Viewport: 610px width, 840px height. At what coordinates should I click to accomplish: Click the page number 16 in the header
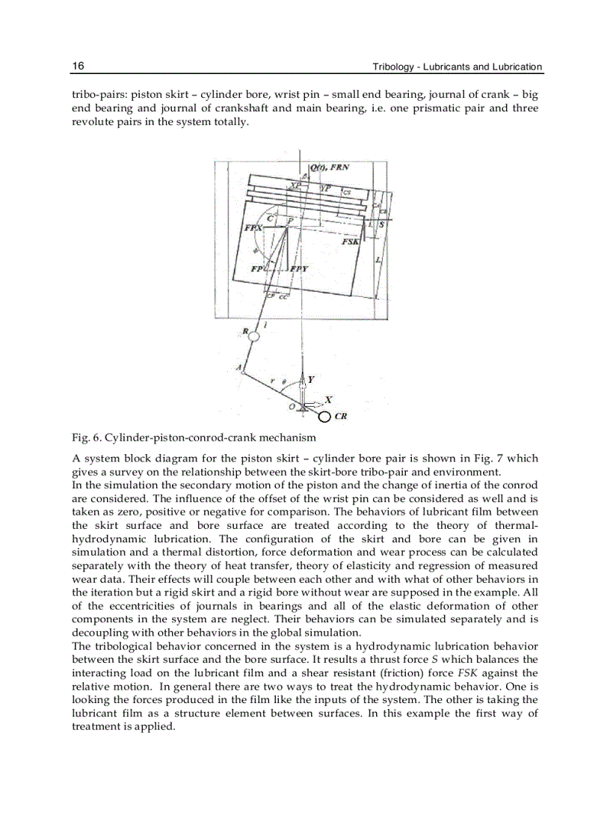pos(78,67)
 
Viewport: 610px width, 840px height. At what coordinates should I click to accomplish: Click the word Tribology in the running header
pos(395,67)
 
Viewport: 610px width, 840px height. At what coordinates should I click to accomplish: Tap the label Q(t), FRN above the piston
pos(329,168)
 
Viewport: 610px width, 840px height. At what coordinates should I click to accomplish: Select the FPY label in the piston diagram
pos(299,269)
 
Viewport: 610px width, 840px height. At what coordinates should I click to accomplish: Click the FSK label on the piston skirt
pos(350,242)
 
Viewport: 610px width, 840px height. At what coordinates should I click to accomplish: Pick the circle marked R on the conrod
pos(254,337)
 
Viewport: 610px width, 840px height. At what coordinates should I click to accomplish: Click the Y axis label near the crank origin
pos(310,379)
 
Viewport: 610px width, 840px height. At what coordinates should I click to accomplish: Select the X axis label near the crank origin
pos(328,400)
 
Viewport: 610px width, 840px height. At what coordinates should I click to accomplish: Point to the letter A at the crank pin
pos(238,367)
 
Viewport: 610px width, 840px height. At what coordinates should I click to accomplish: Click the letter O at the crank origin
pos(292,406)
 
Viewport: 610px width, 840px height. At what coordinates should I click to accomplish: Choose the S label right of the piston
pos(381,224)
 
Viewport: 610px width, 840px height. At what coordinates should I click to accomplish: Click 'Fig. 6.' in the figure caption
pos(86,437)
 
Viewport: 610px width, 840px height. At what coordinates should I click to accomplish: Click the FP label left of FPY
pos(257,269)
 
